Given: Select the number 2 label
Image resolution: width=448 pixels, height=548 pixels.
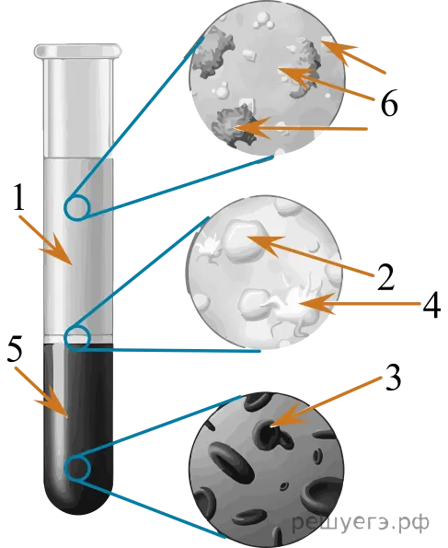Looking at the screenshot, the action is coord(385,276).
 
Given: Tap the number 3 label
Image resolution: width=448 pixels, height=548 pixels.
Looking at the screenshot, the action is coord(393,378).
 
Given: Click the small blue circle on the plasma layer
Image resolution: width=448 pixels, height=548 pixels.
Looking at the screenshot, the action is coord(77,208).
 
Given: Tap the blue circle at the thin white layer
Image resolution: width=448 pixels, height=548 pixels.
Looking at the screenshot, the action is coord(77,338).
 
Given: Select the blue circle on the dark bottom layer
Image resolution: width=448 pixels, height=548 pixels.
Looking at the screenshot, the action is coord(77,468).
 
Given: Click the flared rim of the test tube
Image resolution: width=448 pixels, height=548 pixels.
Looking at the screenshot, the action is coord(78,51).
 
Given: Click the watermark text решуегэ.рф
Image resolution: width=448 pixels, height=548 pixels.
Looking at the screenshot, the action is coord(361,522).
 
